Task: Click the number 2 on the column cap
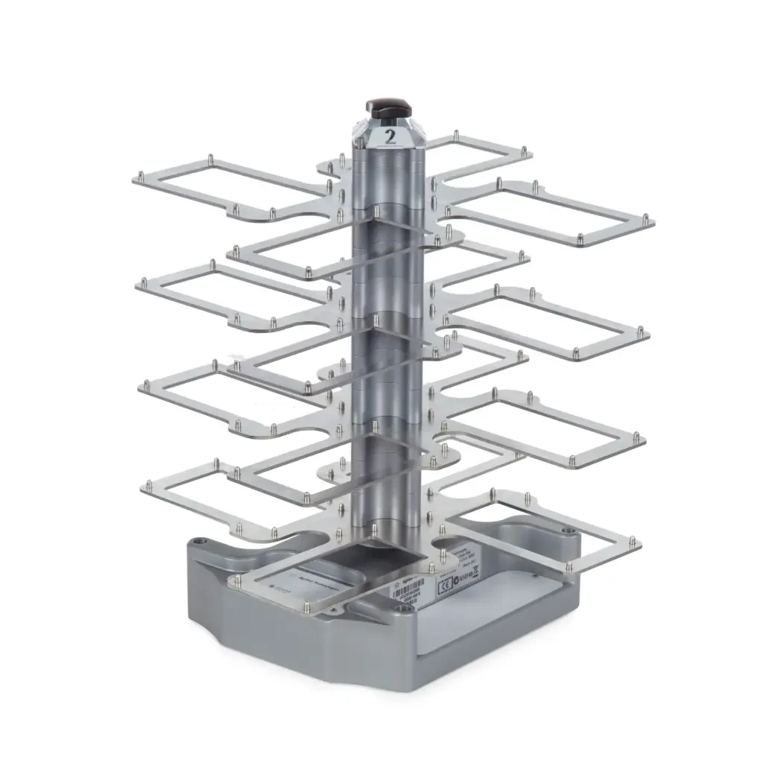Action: pos(390,136)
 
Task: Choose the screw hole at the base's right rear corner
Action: pos(570,531)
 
